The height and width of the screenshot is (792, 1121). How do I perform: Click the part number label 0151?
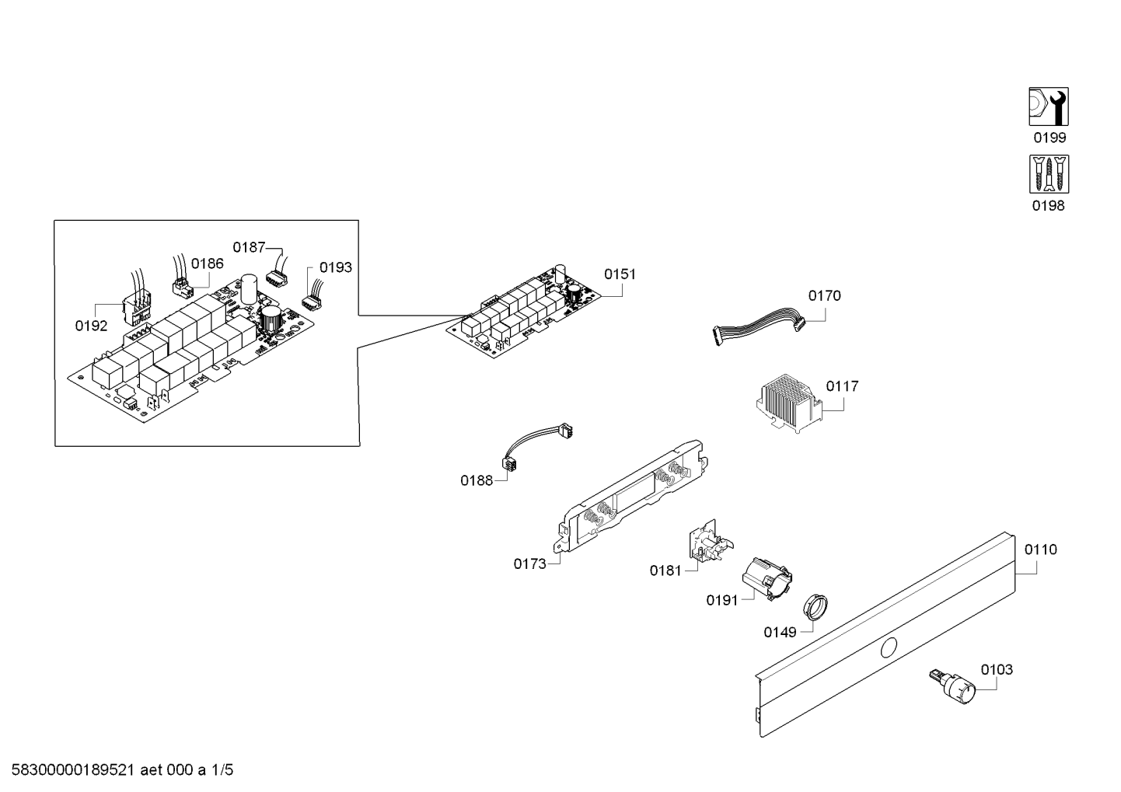[x=620, y=274]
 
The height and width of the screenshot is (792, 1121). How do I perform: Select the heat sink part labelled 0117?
[x=786, y=401]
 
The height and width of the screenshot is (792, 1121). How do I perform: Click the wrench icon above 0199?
[x=1048, y=106]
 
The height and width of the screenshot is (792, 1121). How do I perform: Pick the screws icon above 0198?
[x=1048, y=174]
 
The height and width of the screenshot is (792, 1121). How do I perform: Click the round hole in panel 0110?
[x=889, y=647]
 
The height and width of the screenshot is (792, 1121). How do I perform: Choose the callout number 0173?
[x=529, y=564]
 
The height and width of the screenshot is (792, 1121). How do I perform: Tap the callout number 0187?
[x=249, y=247]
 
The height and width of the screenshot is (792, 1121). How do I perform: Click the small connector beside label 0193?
[x=312, y=299]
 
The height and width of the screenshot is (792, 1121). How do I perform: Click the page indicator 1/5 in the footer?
[x=222, y=770]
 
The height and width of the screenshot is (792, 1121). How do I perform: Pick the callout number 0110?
[x=1040, y=550]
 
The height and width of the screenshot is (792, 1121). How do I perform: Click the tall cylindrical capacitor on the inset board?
[x=250, y=289]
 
